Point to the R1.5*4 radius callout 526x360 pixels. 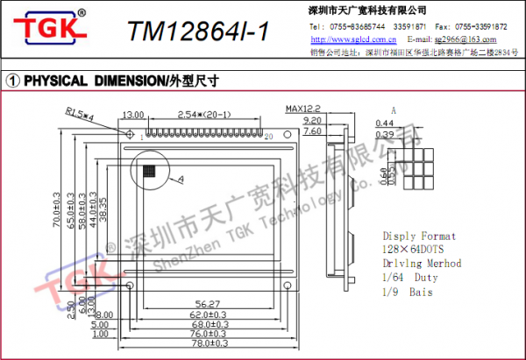point(82,111)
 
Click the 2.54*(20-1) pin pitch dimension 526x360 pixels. point(203,115)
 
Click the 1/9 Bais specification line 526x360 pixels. point(409,291)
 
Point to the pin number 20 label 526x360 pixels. point(269,137)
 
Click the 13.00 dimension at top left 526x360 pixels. point(133,115)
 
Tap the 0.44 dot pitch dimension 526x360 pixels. point(383,123)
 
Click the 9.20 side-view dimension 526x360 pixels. point(311,120)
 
